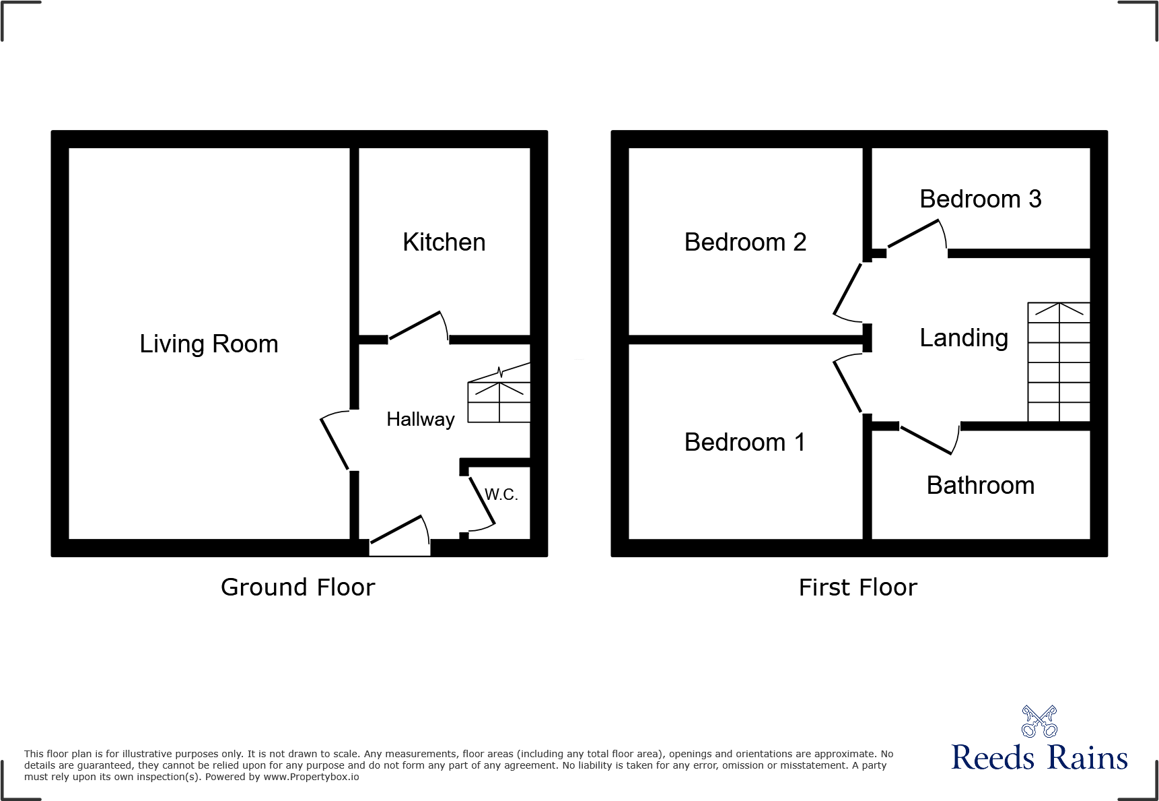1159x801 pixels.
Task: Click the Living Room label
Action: pyautogui.click(x=209, y=344)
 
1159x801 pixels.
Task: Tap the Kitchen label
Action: pyautogui.click(x=444, y=242)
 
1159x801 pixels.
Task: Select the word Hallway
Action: pyautogui.click(x=420, y=419)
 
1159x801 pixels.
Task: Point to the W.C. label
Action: pyautogui.click(x=501, y=494)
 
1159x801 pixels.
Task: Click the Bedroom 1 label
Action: pyautogui.click(x=744, y=442)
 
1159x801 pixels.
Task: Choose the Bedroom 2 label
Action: pyautogui.click(x=745, y=242)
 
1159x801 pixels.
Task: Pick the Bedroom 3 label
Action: pyautogui.click(x=980, y=199)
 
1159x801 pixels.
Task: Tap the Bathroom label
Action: pyautogui.click(x=980, y=485)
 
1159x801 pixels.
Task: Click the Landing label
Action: pyautogui.click(x=964, y=338)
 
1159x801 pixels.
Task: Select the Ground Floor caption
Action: pyautogui.click(x=297, y=587)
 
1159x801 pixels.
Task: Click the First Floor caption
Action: pyautogui.click(x=857, y=587)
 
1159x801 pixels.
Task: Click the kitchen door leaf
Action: pyautogui.click(x=415, y=325)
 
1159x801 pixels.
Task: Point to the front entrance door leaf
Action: pyautogui.click(x=396, y=530)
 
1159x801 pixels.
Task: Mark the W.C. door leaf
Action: pyautogui.click(x=482, y=501)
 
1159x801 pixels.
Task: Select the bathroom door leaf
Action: pyautogui.click(x=925, y=441)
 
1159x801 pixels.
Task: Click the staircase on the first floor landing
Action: pyautogui.click(x=1058, y=362)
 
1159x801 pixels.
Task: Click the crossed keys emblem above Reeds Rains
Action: pyautogui.click(x=1039, y=722)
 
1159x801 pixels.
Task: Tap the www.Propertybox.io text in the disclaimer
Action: pyautogui.click(x=311, y=777)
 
